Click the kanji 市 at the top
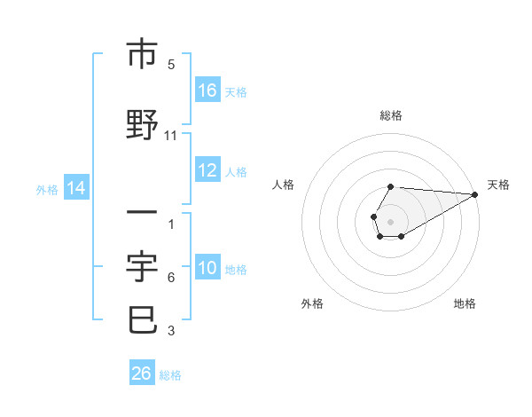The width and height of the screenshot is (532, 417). pos(142,54)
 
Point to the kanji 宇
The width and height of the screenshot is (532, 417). pos(142,265)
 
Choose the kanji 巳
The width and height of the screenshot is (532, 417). pos(142,319)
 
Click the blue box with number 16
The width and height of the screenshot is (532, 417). pos(207,90)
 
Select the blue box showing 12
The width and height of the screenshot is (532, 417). pos(207,170)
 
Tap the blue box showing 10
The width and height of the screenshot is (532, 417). pos(207,269)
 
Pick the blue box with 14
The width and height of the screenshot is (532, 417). pos(75,188)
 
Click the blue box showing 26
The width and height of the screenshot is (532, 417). pos(142,374)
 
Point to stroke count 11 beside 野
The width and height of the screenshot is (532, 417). pos(171,136)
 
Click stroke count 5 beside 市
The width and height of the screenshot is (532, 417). pos(171,65)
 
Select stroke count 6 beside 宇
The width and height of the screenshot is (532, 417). pos(171,278)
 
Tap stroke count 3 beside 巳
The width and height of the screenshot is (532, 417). pos(171,331)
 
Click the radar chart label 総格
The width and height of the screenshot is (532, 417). pos(391,115)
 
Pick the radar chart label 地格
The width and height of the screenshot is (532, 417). pos(465,304)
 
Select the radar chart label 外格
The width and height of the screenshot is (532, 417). pos(312,304)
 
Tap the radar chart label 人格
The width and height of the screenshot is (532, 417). pos(284,185)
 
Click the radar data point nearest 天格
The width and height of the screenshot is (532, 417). pos(475,194)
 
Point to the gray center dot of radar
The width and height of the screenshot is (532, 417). pos(391,221)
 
